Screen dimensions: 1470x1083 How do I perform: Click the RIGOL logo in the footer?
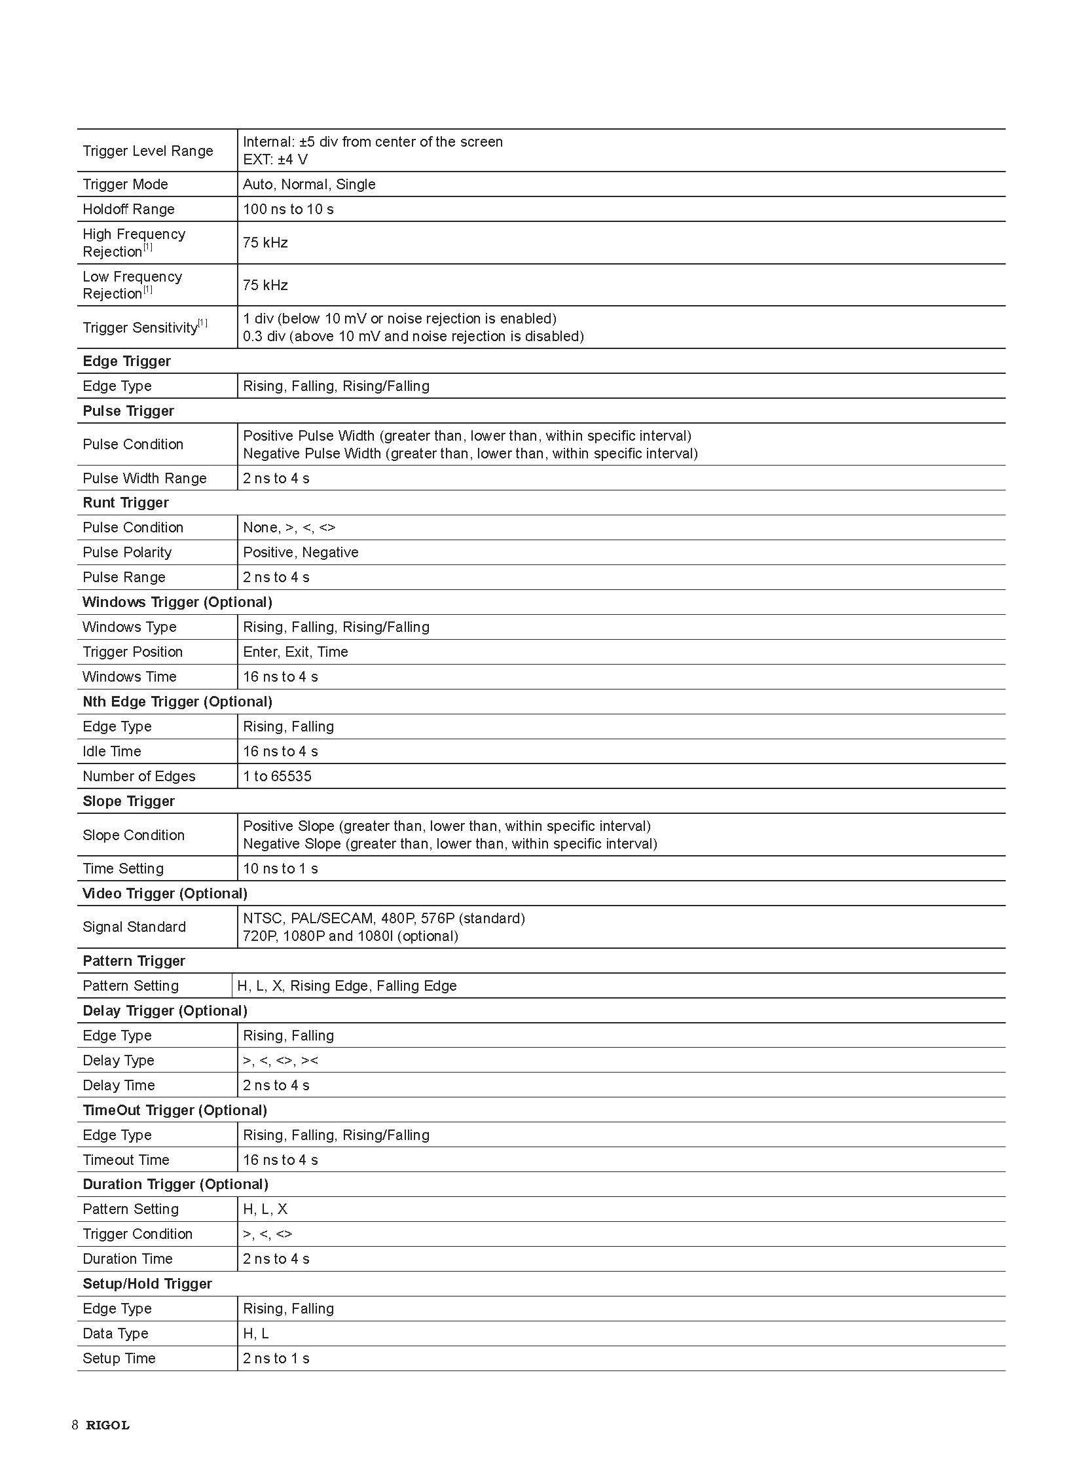coord(107,1425)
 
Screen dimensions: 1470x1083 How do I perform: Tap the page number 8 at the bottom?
coord(75,1425)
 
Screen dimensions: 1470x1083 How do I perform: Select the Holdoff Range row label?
coord(128,209)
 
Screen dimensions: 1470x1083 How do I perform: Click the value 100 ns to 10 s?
coord(288,209)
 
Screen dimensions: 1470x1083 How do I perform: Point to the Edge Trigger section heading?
coord(126,361)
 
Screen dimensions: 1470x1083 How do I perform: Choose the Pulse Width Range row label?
coord(144,478)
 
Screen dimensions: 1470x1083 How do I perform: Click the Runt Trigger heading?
coord(125,503)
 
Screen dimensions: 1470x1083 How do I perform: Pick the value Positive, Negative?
coord(301,552)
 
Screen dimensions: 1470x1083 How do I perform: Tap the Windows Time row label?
coord(129,676)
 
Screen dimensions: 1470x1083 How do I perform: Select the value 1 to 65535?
coord(277,777)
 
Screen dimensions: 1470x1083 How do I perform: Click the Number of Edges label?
coord(139,777)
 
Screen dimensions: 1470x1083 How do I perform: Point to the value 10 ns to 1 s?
coord(280,869)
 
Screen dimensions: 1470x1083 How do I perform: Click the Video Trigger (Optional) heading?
coord(164,894)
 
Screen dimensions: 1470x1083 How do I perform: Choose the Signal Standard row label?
coord(134,927)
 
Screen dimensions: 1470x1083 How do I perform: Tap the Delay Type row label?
coord(118,1060)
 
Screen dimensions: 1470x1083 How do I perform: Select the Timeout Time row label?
coord(126,1160)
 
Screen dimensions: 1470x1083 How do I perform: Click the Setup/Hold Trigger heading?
coord(147,1284)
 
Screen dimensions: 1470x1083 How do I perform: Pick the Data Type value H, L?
coord(255,1334)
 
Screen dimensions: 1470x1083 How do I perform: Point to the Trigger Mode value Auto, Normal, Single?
coord(309,184)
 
